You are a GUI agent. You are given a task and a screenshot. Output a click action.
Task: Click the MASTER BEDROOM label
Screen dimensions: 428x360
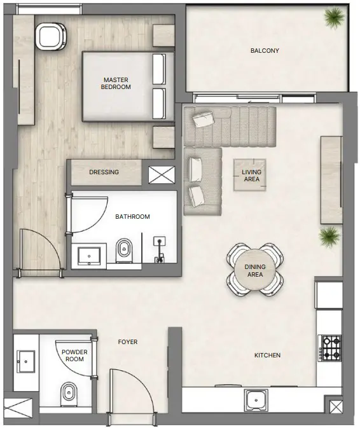116,83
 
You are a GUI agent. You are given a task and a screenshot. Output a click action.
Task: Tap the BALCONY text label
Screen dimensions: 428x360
265,51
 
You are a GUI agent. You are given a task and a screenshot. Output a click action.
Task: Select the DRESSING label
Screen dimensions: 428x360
104,172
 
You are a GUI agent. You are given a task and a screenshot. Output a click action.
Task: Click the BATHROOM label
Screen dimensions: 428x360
132,217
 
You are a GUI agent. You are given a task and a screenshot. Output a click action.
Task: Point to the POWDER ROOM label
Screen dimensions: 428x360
75,356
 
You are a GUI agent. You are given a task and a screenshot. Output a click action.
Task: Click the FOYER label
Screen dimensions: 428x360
128,342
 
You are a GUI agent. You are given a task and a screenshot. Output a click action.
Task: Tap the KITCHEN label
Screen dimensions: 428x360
267,356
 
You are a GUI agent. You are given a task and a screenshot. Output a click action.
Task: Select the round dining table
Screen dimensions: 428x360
255,270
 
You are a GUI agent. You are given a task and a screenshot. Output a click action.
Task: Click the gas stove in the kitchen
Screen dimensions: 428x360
330,348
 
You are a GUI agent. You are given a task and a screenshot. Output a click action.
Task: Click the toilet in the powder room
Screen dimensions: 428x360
67,394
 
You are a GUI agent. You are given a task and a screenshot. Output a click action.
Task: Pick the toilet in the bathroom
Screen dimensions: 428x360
124,251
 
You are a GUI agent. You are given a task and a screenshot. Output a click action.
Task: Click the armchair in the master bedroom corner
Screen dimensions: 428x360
50,36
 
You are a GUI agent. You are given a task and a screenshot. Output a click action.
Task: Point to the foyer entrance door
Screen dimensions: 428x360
131,394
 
